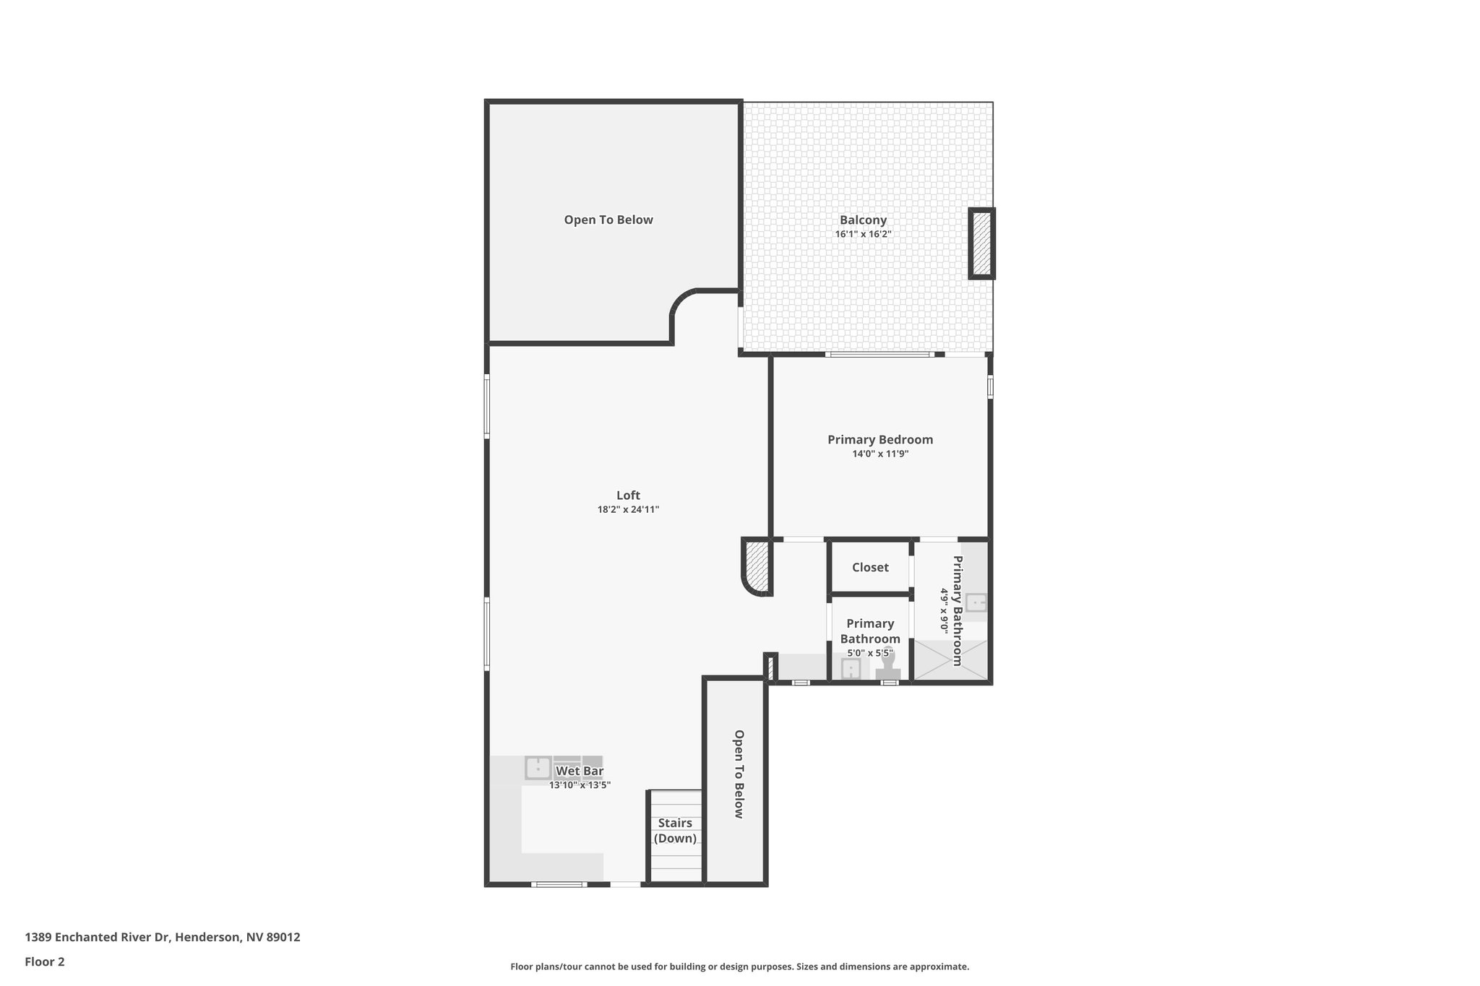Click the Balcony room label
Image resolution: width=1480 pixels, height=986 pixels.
click(x=863, y=220)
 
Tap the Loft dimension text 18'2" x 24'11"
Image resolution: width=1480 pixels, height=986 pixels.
click(x=628, y=510)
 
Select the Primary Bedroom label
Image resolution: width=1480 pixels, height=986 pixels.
click(x=880, y=440)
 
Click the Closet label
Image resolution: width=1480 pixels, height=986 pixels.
click(x=870, y=568)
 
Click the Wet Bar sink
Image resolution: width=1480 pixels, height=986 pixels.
click(x=538, y=768)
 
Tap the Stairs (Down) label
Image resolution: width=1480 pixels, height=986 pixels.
click(x=675, y=831)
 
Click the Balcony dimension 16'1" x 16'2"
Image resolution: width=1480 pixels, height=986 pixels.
click(x=863, y=235)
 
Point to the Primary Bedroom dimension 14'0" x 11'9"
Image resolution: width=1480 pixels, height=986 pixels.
click(x=880, y=454)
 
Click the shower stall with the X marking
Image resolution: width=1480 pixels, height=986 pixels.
click(x=950, y=660)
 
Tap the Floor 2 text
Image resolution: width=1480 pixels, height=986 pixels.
click(x=45, y=962)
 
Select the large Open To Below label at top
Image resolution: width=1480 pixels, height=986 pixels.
click(x=608, y=220)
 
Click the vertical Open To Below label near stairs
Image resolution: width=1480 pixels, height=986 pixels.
click(x=739, y=774)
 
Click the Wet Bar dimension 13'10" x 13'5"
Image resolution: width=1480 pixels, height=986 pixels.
click(x=580, y=785)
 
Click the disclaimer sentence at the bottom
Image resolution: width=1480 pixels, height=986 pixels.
click(x=740, y=966)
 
